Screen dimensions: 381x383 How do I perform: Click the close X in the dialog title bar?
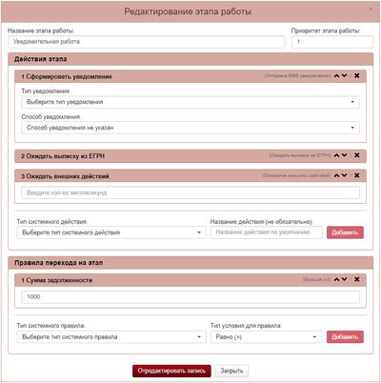[x=371, y=10]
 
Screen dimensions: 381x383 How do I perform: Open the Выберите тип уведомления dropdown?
[x=189, y=101]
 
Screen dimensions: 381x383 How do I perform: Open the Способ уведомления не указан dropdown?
[x=189, y=126]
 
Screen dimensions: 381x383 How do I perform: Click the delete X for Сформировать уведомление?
[x=357, y=75]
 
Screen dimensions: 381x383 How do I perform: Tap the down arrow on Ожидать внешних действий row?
[x=347, y=175]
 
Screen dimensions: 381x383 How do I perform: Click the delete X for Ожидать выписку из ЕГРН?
[x=357, y=154]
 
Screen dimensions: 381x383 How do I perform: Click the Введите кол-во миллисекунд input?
[x=189, y=193]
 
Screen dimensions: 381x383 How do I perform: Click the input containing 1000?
[x=189, y=297]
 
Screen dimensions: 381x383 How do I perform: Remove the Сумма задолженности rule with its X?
[x=357, y=279]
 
